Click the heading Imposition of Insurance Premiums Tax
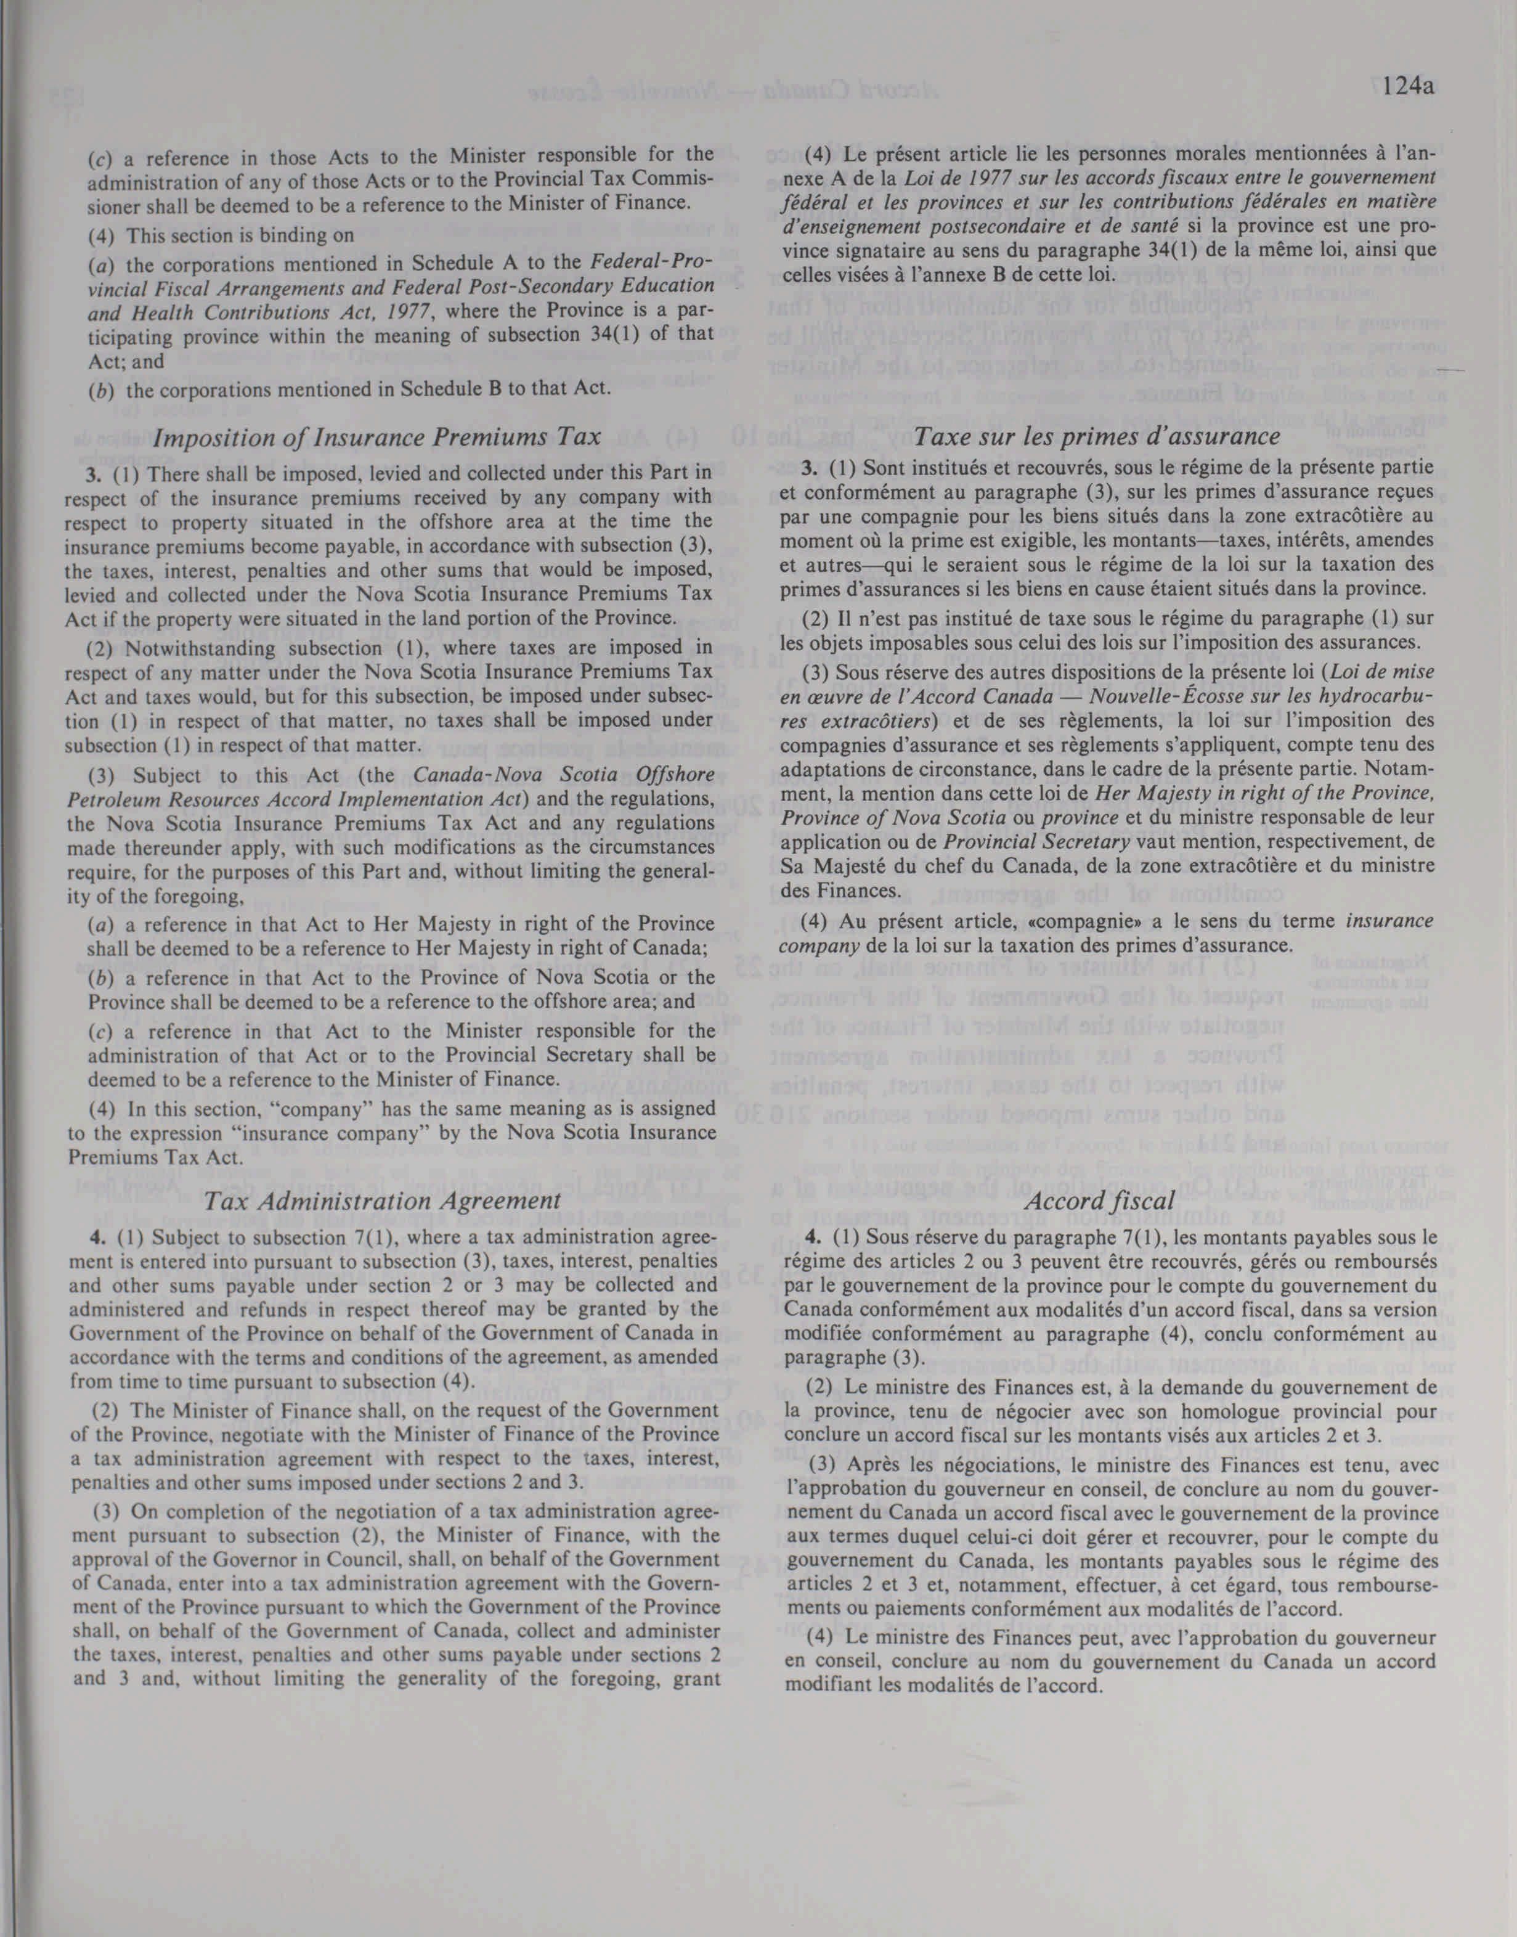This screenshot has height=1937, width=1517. pyautogui.click(x=378, y=436)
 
